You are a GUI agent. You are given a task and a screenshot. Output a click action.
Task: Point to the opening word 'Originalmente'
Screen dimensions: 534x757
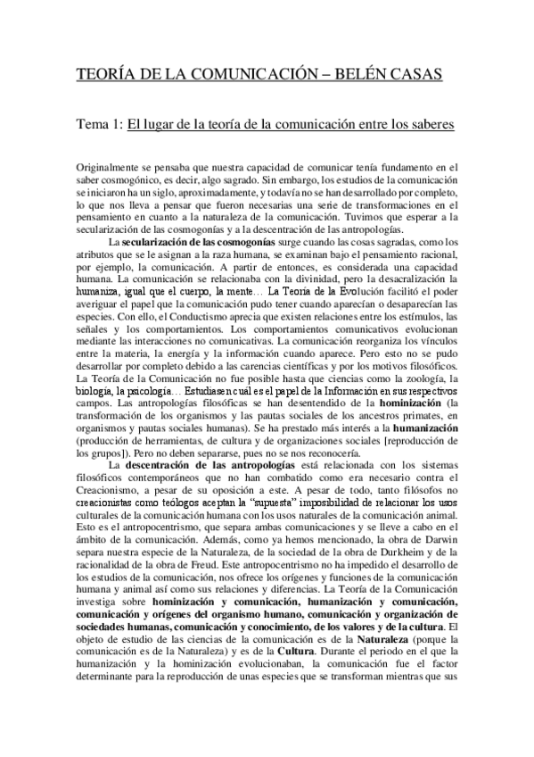tap(109, 168)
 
